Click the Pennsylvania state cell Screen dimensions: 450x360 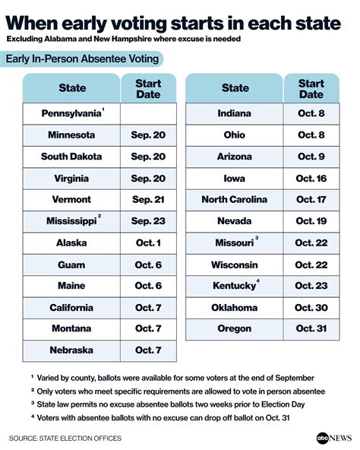click(72, 113)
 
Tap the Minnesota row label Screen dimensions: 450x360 click(72, 135)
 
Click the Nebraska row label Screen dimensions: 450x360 click(72, 350)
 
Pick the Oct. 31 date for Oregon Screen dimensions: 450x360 click(311, 328)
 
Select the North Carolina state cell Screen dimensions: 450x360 click(235, 199)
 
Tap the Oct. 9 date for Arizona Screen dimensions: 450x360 click(311, 156)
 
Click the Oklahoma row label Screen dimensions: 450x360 click(235, 306)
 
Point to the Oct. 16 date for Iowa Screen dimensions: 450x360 click(311, 178)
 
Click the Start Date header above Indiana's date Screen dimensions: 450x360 click(311, 88)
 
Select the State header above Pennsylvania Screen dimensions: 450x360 click(72, 88)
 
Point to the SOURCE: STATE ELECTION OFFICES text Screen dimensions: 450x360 click(71, 438)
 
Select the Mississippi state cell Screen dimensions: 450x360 click(72, 220)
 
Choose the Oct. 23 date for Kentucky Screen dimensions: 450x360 click(311, 285)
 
